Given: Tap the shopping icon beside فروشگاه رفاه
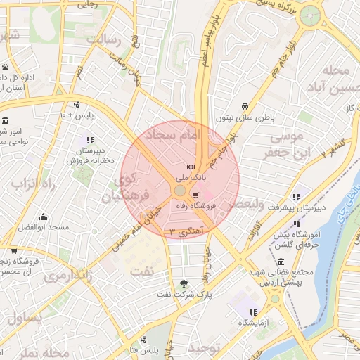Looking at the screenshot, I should coord(195,195).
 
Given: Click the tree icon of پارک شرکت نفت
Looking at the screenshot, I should coord(184,283).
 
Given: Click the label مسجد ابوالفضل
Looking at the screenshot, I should coord(43,227).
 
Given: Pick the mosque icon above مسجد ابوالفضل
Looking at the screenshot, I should coord(43,216).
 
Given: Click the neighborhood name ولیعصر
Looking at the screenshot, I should coord(245,204).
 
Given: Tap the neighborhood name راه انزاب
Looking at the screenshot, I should coord(32,184).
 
